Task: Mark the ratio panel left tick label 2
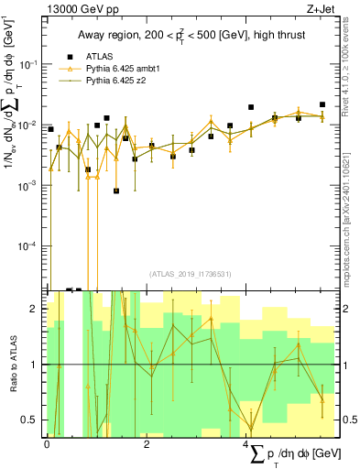(x=36, y=309)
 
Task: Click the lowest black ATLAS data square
(x=116, y=191)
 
